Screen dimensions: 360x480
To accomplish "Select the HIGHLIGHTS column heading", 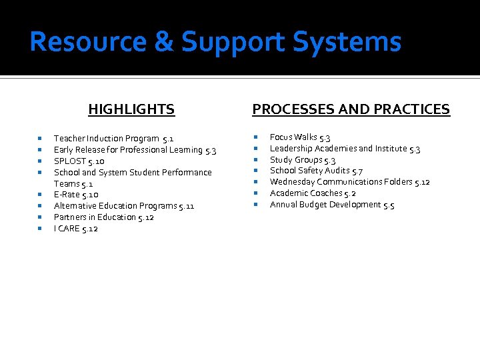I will tap(131, 109).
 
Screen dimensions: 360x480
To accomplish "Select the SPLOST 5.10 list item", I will tap(79, 161).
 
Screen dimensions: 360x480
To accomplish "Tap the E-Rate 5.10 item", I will tap(76, 195).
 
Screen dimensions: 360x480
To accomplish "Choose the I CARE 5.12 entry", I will tap(75, 229).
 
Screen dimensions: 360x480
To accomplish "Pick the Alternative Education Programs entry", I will tap(123, 206).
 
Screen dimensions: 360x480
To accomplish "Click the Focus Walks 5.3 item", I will tap(300, 137).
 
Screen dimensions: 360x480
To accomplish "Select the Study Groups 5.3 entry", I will tap(302, 160).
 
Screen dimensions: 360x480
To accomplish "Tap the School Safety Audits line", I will tap(316, 171).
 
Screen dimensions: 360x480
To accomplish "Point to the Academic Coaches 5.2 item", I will tap(313, 193).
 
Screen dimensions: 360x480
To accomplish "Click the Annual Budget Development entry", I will tap(331, 205).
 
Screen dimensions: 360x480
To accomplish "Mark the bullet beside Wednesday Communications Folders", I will tap(257, 182).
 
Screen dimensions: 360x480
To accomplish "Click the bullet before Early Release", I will tap(41, 150).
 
